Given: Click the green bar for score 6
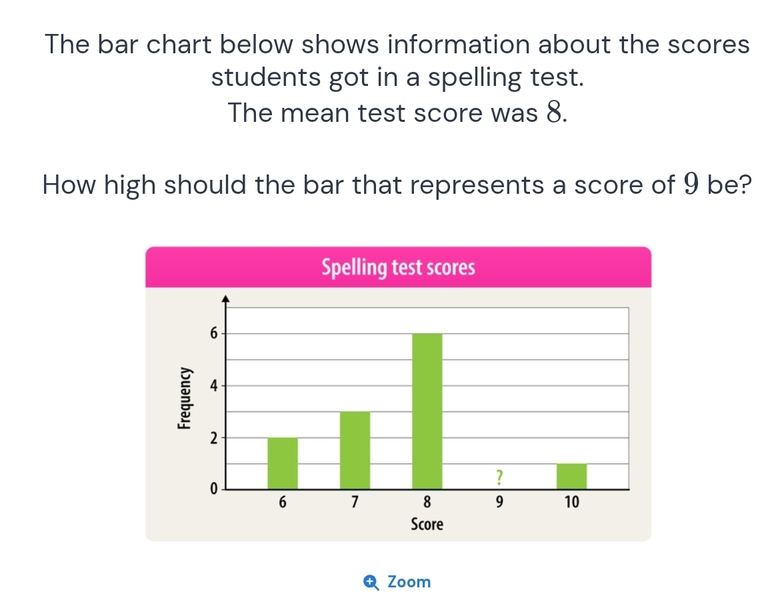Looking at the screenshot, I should click(x=283, y=463).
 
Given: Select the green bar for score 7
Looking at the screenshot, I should click(x=355, y=450).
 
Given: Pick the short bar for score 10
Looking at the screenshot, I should click(x=571, y=476).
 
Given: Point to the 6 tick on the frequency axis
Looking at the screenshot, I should click(x=213, y=334).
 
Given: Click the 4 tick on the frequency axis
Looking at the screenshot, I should click(x=213, y=386).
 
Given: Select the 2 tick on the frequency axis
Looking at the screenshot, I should click(x=213, y=438).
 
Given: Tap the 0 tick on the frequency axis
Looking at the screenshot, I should click(x=213, y=489).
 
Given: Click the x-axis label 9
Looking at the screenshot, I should click(x=498, y=502).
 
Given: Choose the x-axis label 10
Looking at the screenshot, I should click(x=571, y=502).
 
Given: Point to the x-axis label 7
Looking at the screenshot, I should click(x=355, y=502).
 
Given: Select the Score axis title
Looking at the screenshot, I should click(x=427, y=525).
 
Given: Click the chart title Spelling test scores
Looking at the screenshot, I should click(x=398, y=268).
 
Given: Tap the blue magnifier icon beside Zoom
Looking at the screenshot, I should click(x=372, y=583).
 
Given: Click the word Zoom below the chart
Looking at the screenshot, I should click(x=409, y=582).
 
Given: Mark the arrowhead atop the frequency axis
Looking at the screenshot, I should click(x=226, y=298).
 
